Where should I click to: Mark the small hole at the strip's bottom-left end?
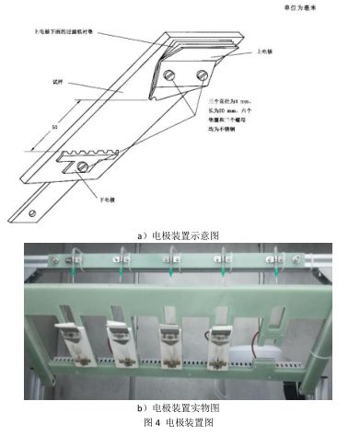(34, 213)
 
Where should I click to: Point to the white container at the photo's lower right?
(266, 361)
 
